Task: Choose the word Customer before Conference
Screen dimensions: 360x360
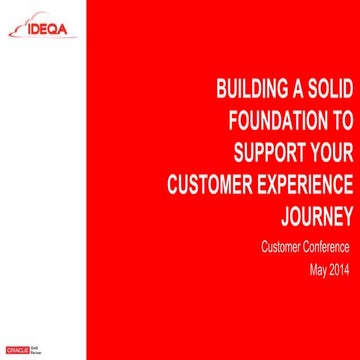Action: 269,247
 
